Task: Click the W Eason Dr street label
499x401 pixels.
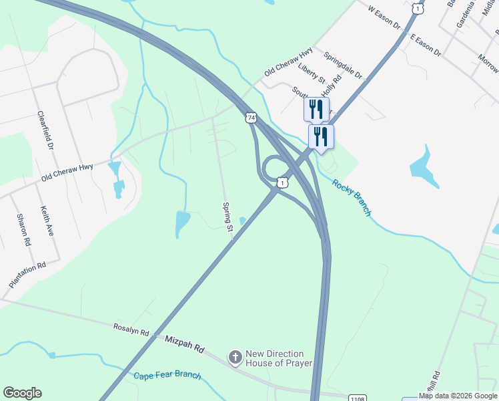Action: pyautogui.click(x=384, y=18)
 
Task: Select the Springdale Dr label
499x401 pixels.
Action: pyautogui.click(x=339, y=64)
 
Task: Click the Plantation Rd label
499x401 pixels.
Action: pyautogui.click(x=27, y=275)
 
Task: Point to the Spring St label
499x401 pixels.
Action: pyautogui.click(x=227, y=218)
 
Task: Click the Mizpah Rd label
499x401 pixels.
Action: pyautogui.click(x=185, y=345)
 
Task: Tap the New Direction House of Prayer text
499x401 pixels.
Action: pyautogui.click(x=274, y=358)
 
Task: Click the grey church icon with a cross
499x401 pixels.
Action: pyautogui.click(x=235, y=358)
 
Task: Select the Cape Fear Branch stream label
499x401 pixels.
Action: pyautogui.click(x=167, y=376)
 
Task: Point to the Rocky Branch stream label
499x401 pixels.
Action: pyautogui.click(x=352, y=198)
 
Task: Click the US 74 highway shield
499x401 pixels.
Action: pyautogui.click(x=250, y=118)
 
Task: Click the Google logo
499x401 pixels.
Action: pyautogui.click(x=22, y=393)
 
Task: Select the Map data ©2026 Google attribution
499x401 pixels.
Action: pyautogui.click(x=458, y=396)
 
